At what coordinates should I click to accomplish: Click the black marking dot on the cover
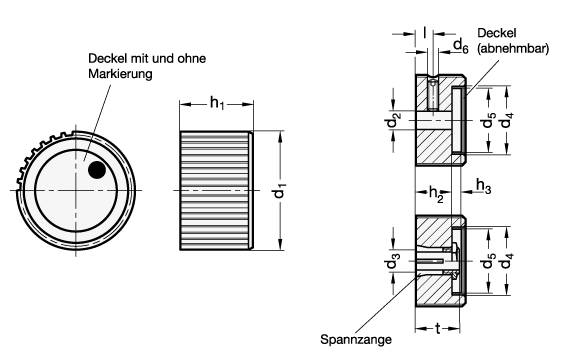pos(97,170)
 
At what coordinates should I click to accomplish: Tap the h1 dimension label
pos(217,103)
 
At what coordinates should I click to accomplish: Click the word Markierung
pos(120,74)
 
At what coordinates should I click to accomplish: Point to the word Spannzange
pos(356,339)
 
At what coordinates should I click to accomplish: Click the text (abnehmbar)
pos(513,49)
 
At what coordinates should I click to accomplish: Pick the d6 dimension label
pos(460,46)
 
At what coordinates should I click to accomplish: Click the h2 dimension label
pos(436,193)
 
